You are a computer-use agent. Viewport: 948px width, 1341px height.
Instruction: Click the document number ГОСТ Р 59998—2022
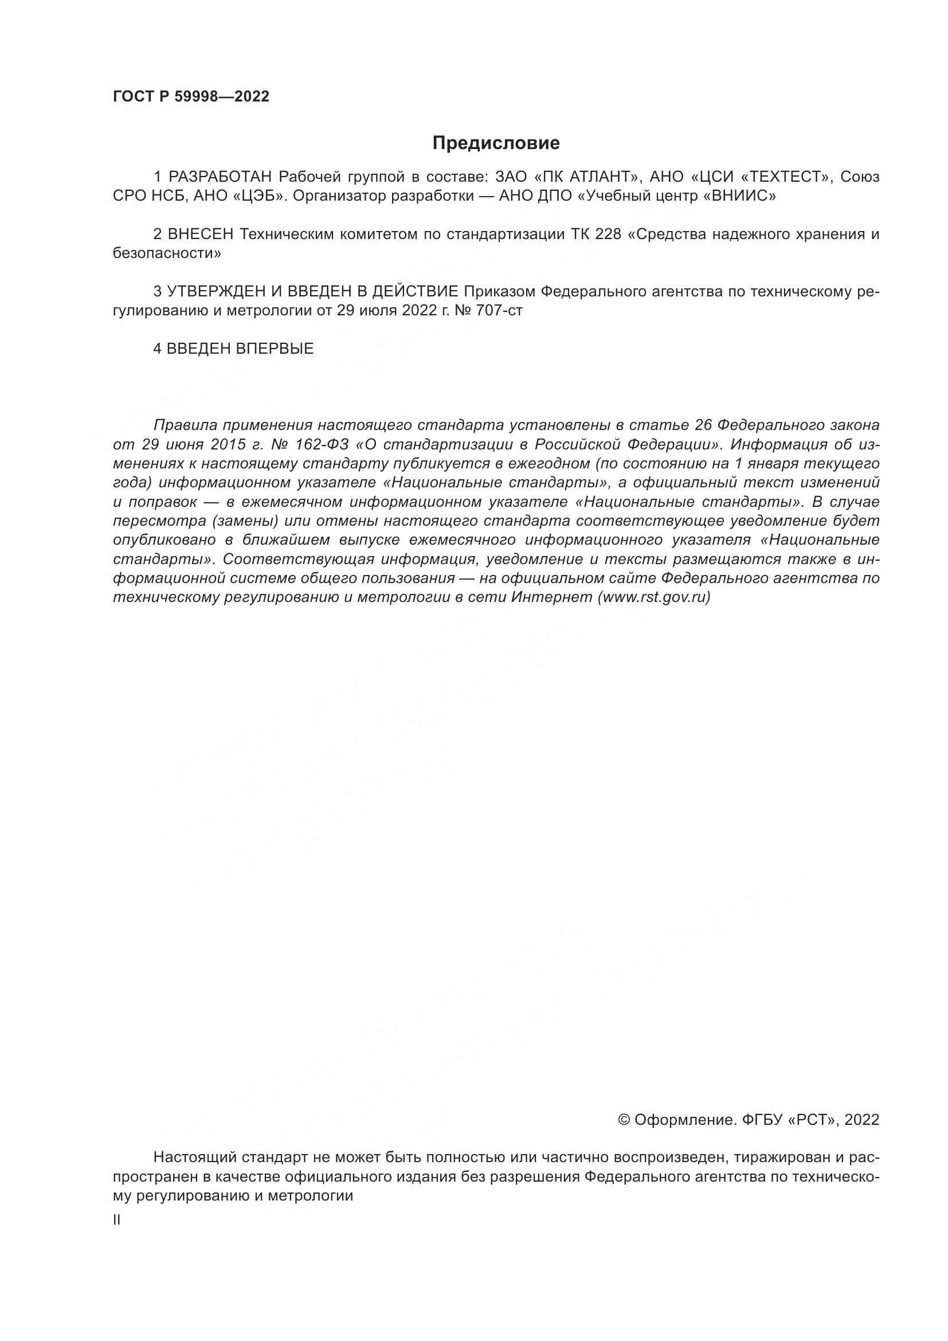coord(191,97)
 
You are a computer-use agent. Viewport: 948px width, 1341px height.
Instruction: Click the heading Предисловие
coord(496,143)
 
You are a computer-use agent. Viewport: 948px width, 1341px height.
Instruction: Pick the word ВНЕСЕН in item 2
coord(200,235)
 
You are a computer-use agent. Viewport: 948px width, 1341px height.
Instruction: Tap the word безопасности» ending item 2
coord(167,254)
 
